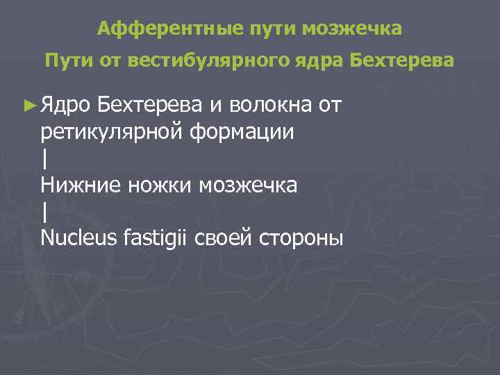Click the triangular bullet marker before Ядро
29,106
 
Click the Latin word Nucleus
78,237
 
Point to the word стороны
301,237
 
